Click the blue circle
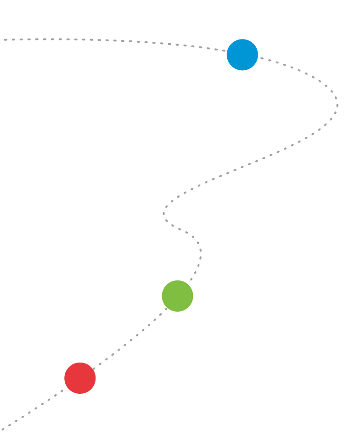(242, 55)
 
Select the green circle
(177, 296)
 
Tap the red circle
(80, 378)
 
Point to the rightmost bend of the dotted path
(337, 104)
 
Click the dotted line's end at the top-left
(5, 40)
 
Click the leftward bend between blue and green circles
(164, 213)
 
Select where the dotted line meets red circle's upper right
(93, 369)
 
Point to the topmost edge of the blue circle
(242, 39)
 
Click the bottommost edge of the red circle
(80, 394)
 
